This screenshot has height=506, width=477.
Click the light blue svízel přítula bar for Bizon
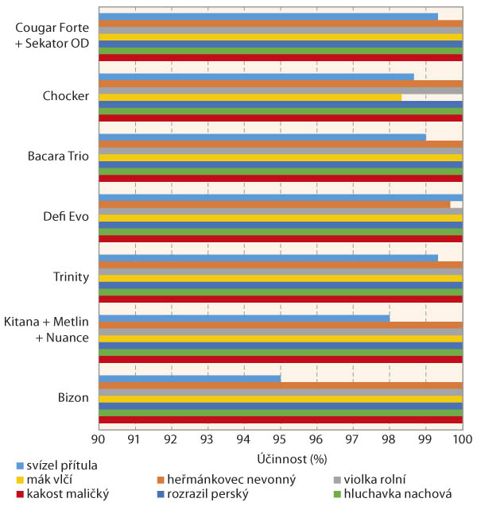point(189,378)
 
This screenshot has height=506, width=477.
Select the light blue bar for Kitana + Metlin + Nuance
point(244,318)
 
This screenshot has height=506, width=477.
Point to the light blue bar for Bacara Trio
point(262,137)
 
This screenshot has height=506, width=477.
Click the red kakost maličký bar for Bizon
point(280,419)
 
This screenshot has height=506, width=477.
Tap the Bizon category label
point(72,398)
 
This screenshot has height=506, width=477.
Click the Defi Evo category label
point(67,217)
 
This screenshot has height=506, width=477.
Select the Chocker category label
point(66,96)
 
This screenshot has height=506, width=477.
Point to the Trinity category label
point(70,277)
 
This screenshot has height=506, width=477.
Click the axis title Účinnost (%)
point(280,458)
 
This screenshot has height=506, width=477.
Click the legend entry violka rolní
point(376,479)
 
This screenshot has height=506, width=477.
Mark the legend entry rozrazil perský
point(208,493)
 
